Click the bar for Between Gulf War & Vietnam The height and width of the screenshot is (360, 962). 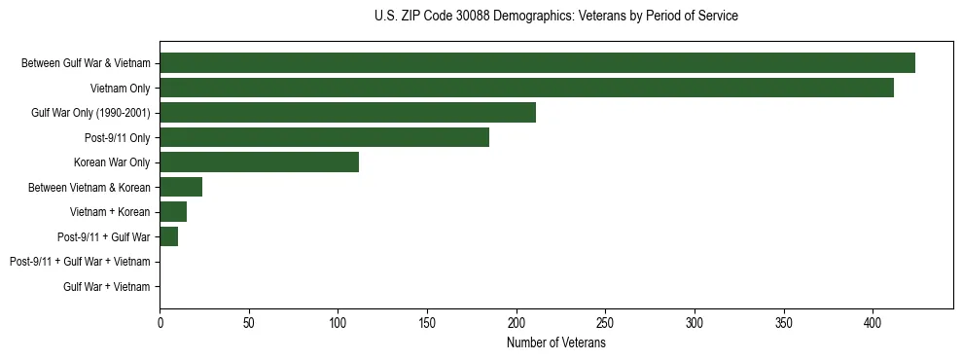[537, 63]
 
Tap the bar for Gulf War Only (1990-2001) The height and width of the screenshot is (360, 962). [347, 113]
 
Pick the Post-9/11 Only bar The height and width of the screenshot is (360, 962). [324, 137]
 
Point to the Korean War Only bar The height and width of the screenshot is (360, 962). [259, 162]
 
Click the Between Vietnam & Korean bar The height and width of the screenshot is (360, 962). [181, 187]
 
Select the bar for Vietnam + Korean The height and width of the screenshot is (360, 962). [173, 212]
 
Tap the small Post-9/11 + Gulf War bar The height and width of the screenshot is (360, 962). [169, 236]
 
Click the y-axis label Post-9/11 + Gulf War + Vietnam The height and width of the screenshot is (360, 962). [80, 262]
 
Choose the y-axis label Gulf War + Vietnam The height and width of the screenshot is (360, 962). [107, 286]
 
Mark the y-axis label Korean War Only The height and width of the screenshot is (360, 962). [112, 162]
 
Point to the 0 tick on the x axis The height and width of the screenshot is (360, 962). [160, 323]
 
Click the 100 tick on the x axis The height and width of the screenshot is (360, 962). [338, 323]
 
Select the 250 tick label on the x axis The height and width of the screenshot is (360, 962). [605, 323]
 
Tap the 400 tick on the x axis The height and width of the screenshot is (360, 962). [873, 323]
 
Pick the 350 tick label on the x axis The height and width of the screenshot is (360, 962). [695, 323]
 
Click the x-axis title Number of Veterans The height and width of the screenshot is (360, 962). [556, 343]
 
